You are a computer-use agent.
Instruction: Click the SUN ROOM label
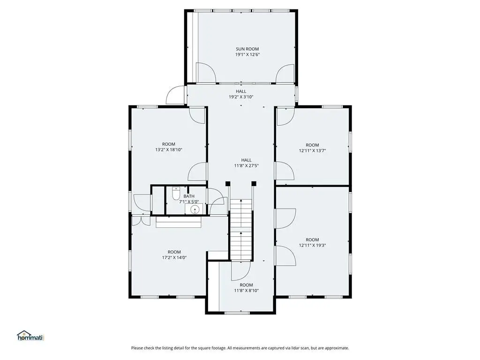coord(247,49)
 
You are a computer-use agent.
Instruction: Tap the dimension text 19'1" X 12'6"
coord(247,54)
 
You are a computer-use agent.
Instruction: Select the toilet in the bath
coord(176,193)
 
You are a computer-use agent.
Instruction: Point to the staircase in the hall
coord(241,230)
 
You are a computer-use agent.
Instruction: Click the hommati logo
coord(30,336)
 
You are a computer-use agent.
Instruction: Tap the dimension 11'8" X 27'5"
coord(247,165)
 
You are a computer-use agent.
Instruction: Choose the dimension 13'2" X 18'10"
coord(169,150)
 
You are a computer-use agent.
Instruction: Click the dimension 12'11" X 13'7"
coord(312,150)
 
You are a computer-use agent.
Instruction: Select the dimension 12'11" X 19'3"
coord(312,245)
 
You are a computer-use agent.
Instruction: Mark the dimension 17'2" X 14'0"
coord(174,257)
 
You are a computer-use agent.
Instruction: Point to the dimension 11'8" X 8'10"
coord(247,291)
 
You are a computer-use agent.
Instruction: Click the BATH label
coord(189,196)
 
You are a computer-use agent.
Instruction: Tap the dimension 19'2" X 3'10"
coord(241,97)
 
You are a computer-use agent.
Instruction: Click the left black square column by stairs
coord(228,184)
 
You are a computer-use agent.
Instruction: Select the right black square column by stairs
coord(254,184)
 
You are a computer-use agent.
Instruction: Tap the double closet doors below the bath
coord(141,221)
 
